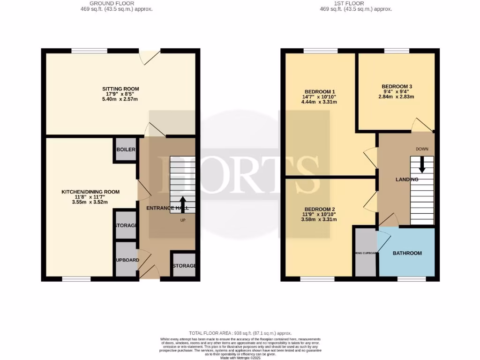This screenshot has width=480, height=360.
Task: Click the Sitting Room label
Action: point(120,89)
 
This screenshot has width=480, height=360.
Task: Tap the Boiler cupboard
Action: point(126,150)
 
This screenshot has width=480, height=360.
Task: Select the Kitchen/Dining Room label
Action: point(90,192)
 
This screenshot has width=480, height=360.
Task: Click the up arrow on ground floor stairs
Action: point(183,204)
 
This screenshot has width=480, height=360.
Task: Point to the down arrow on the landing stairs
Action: point(422,164)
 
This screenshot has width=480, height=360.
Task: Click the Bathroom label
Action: point(407,253)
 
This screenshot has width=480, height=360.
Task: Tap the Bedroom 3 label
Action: point(397,86)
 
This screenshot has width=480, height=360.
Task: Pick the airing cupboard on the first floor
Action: point(366,253)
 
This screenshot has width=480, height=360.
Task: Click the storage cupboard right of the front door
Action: point(184,266)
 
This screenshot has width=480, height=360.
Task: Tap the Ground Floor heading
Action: point(116,3)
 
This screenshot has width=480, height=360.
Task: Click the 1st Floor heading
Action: point(355,3)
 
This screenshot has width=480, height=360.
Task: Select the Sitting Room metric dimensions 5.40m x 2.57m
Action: point(120,99)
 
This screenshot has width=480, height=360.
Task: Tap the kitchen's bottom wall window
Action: point(76,279)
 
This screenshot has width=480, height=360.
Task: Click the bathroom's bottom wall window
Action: point(412,279)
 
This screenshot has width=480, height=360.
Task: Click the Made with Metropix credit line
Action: point(240,358)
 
